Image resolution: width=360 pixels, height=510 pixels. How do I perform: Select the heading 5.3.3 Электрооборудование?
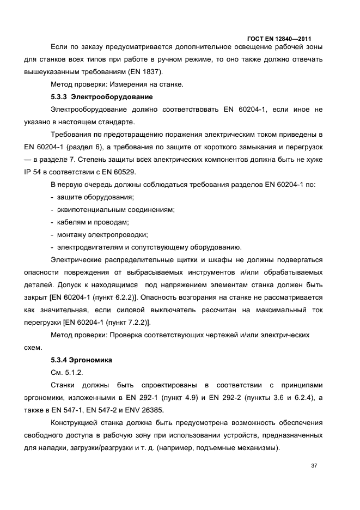tap(102, 97)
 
